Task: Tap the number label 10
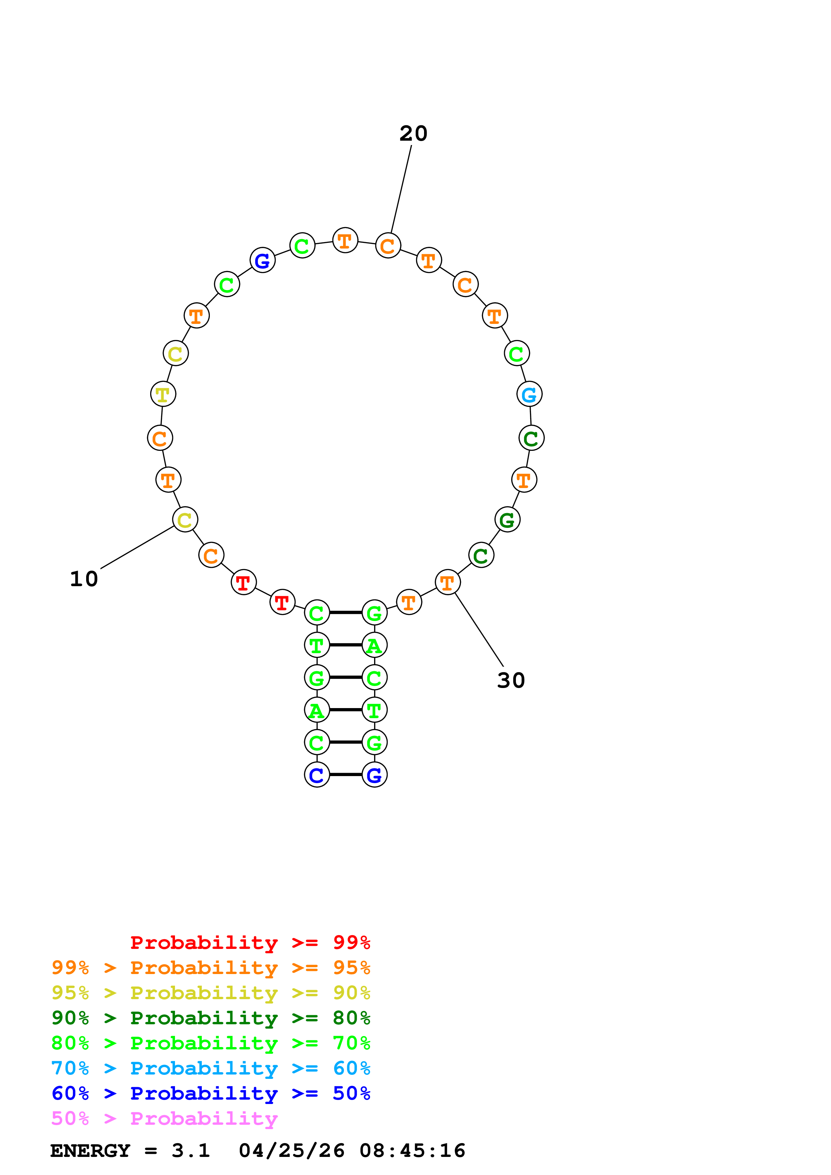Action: [83, 579]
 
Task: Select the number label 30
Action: [511, 680]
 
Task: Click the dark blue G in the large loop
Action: [262, 261]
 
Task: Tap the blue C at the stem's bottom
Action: [316, 775]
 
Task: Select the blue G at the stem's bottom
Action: [374, 775]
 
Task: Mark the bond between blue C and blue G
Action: [346, 775]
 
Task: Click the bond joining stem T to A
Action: [346, 645]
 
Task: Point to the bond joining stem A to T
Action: [346, 710]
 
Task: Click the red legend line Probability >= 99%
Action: [250, 942]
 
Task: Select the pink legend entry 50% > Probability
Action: [164, 1119]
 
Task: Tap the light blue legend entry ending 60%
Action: [211, 1068]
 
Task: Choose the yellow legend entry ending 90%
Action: [211, 993]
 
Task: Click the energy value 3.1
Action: [190, 1151]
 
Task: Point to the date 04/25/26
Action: [291, 1151]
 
